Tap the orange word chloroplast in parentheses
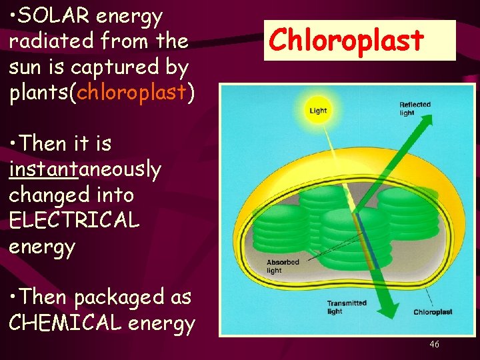tap(131, 93)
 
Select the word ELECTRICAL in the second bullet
tap(74, 221)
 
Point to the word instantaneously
tap(85, 169)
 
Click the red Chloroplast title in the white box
tap(346, 41)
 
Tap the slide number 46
tap(434, 344)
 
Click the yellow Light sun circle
tap(318, 110)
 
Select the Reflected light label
tap(415, 109)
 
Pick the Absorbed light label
tap(283, 266)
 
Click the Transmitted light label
tap(346, 307)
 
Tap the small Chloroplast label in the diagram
tap(433, 312)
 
